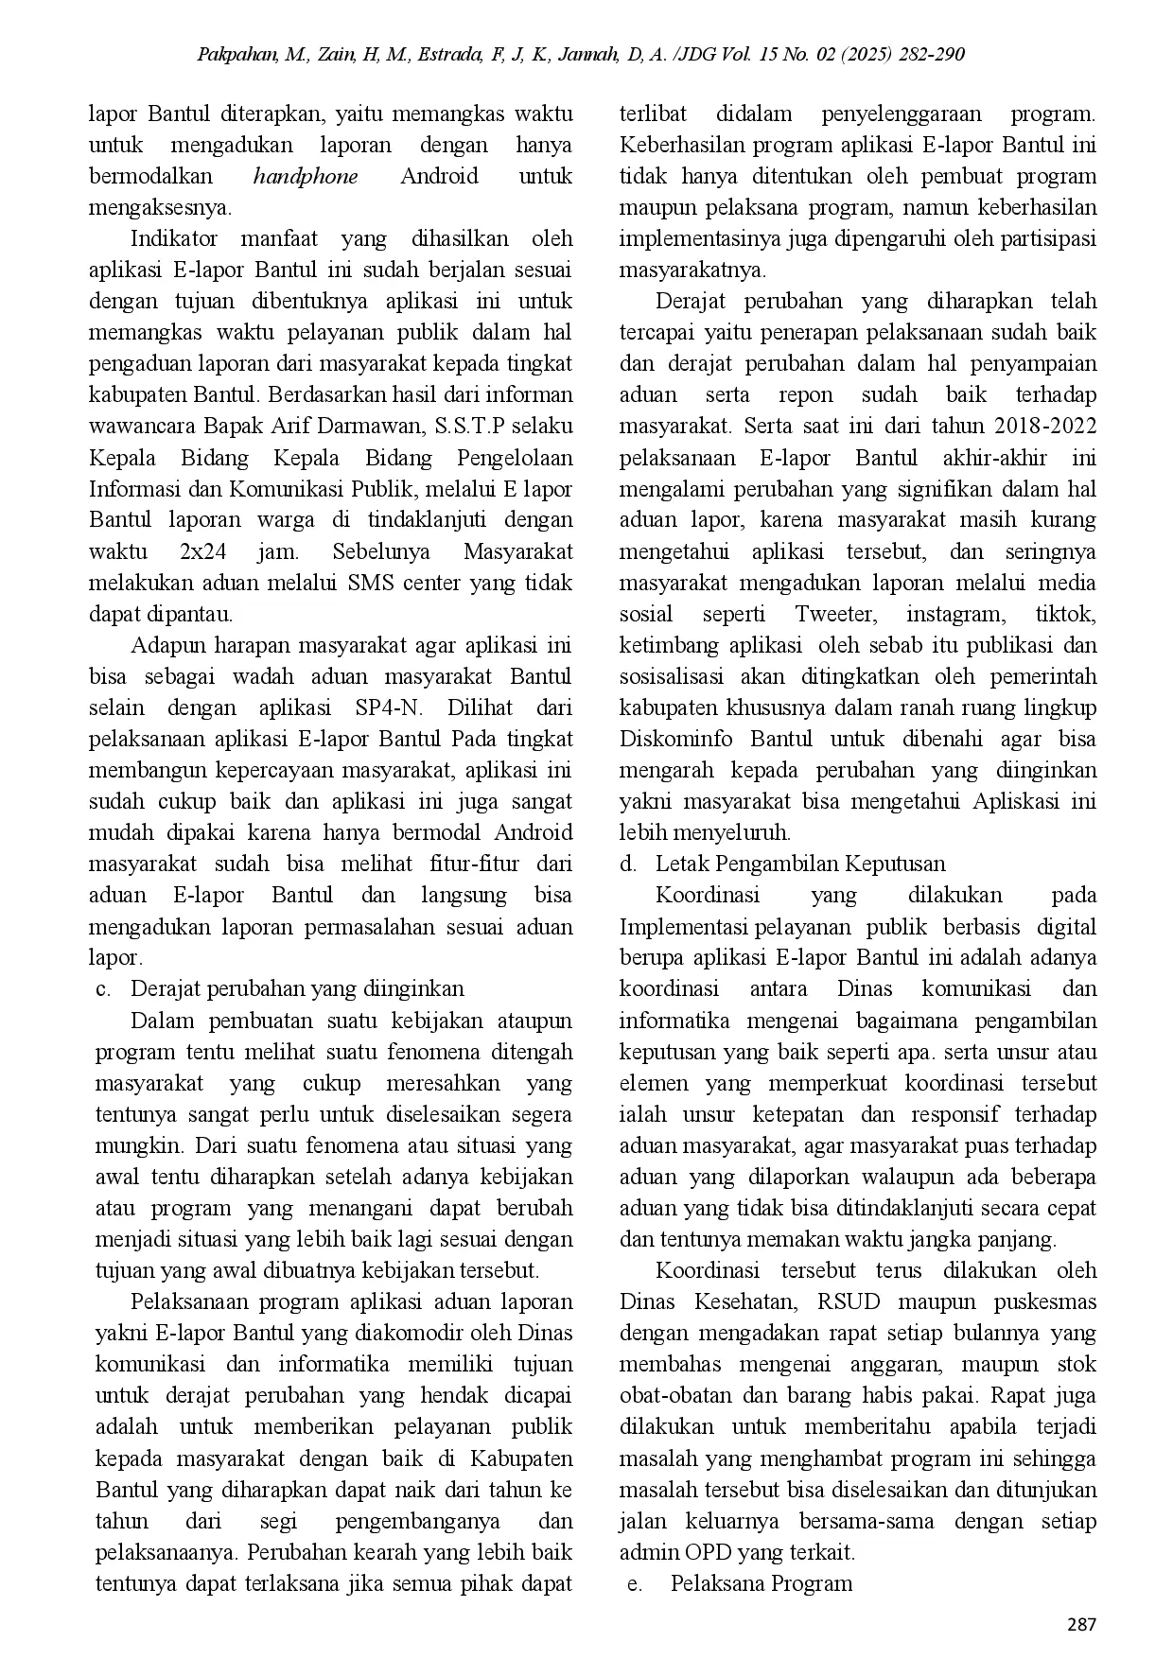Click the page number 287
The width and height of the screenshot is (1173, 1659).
tap(1081, 1625)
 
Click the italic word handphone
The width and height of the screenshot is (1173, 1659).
tap(306, 176)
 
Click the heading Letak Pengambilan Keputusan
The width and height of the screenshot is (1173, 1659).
tap(800, 864)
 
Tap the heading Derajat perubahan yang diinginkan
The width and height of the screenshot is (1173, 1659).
tap(297, 988)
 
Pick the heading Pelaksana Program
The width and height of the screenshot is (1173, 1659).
tap(762, 1582)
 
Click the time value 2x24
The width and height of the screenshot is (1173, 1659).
tap(201, 551)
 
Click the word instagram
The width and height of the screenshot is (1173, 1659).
tap(955, 614)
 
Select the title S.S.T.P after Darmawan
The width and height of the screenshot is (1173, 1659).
tap(470, 426)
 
